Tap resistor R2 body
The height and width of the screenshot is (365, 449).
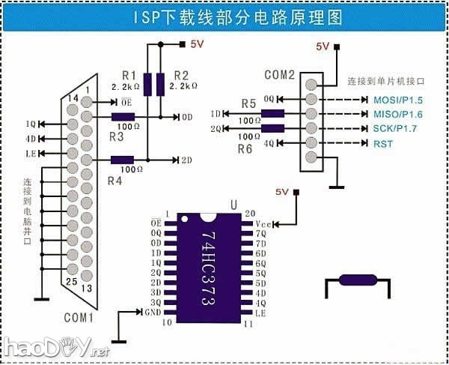tap(160, 84)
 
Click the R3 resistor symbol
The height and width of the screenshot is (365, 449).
tap(123, 117)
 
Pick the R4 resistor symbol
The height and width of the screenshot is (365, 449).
tap(123, 160)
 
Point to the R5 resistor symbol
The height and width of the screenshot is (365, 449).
tap(272, 113)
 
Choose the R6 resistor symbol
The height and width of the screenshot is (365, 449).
tap(272, 128)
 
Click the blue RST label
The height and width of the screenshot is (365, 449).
tap(381, 142)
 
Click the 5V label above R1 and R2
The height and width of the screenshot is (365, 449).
tap(196, 44)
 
